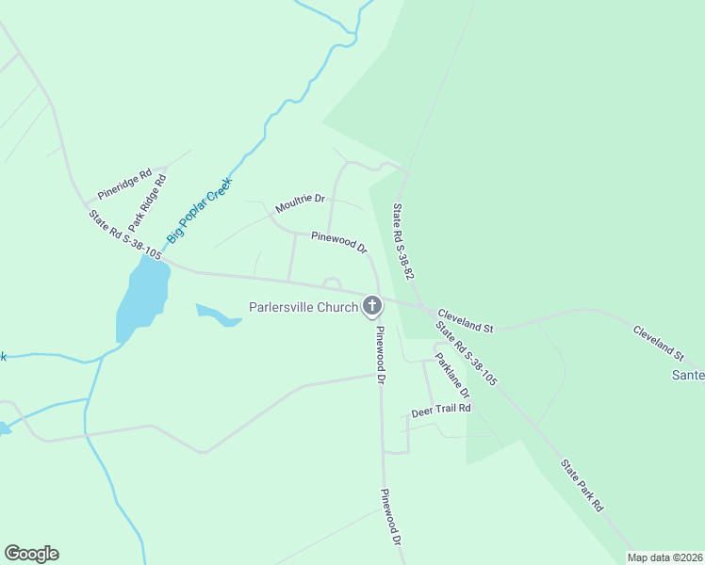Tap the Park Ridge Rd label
[146, 196]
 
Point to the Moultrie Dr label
[300, 202]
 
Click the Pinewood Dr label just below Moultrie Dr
[338, 242]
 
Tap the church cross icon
[372, 305]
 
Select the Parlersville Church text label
[303, 307]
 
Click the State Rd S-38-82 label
[403, 243]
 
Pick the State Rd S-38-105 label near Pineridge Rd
[125, 234]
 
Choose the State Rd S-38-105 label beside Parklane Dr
[466, 353]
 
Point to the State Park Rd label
[582, 485]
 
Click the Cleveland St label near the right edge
[658, 344]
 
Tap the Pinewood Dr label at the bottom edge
[391, 519]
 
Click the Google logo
[31, 554]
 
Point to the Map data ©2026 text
[664, 557]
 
